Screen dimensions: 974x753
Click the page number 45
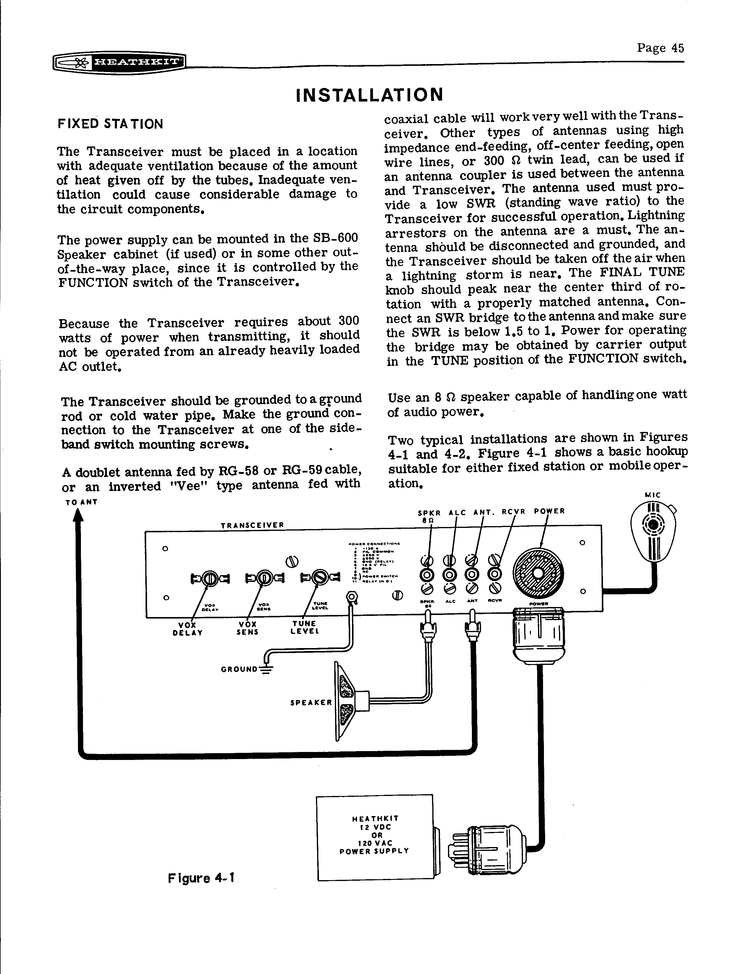coord(660,48)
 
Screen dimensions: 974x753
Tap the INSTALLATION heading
coord(370,94)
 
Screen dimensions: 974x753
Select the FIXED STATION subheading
coord(110,124)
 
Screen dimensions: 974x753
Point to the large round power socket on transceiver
coord(538,574)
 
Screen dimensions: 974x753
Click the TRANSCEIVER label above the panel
coord(252,525)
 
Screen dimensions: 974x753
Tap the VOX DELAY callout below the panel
coord(188,628)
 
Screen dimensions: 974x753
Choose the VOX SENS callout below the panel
coord(247,628)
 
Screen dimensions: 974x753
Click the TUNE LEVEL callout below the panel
coord(304,628)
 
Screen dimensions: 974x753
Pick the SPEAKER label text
coord(311,702)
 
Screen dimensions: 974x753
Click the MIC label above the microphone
coord(653,495)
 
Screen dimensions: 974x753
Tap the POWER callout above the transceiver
coord(549,511)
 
